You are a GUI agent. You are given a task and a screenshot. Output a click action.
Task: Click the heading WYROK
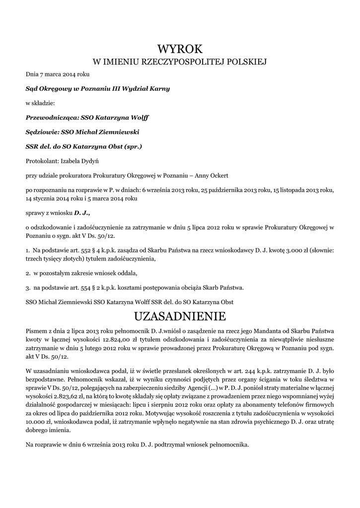pos(180,49)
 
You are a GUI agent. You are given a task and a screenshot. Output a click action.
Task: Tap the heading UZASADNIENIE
pos(180,316)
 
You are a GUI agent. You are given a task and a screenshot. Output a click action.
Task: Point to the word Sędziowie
pos(42,132)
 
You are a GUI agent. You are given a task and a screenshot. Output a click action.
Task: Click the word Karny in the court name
pos(159,89)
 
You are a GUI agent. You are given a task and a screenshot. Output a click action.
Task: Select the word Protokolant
pos(42,161)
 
